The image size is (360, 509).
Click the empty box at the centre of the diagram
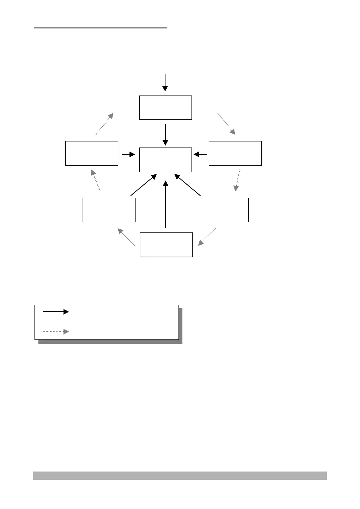(165, 160)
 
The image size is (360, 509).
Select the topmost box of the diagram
(165, 108)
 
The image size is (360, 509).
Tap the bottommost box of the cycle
(166, 245)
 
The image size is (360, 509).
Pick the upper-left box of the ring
(91, 153)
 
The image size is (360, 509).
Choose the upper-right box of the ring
(235, 153)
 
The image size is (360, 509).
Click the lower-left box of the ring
(109, 210)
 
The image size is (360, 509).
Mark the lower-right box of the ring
(222, 210)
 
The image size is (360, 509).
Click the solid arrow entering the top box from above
(165, 82)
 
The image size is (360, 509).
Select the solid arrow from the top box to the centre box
(165, 134)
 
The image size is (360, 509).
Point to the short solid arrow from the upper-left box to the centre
(128, 154)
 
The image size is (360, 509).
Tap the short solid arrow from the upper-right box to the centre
(200, 154)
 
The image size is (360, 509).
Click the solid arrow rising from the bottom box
(165, 204)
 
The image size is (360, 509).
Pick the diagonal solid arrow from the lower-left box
(143, 185)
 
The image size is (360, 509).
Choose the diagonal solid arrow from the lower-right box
(188, 185)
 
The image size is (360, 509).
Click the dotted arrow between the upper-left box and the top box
(104, 124)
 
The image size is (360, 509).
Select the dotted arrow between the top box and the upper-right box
(227, 123)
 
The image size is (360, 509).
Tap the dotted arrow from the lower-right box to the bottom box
(207, 237)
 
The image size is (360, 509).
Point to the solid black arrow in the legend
(56, 312)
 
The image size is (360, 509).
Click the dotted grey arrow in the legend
(56, 332)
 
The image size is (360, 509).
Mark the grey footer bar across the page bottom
(180, 475)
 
